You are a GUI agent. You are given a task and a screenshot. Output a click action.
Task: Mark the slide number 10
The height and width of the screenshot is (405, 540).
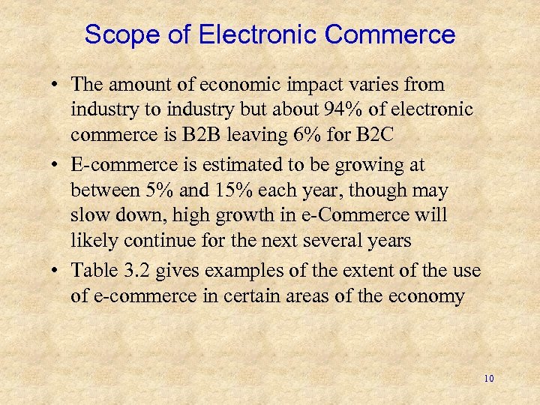coord(489,379)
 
